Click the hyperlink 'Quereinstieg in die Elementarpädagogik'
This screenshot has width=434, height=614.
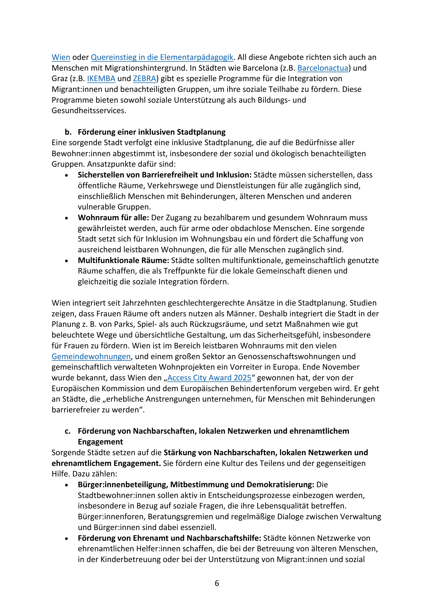pyautogui.click(x=162, y=57)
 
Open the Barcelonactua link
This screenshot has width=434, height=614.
pyautogui.click(x=323, y=68)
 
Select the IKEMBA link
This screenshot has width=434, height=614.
pyautogui.click(x=101, y=79)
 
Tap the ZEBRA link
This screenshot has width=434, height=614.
pyautogui.click(x=144, y=79)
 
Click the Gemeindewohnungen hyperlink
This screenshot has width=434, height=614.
pyautogui.click(x=91, y=356)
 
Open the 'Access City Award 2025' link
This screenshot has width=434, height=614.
pyautogui.click(x=209, y=378)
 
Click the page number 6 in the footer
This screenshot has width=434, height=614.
pyautogui.click(x=217, y=583)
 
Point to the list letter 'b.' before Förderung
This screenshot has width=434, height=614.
pyautogui.click(x=68, y=132)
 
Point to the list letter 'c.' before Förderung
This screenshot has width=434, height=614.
pyautogui.click(x=68, y=431)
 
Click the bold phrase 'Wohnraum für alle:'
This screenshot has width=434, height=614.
pyautogui.click(x=113, y=218)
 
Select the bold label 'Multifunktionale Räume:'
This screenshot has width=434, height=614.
pyautogui.click(x=124, y=260)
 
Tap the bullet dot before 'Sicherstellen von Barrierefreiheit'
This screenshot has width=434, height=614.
pyautogui.click(x=67, y=175)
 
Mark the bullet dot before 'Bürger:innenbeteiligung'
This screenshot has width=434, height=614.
pyautogui.click(x=67, y=485)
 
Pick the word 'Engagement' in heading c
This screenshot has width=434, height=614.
pyautogui.click(x=101, y=442)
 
